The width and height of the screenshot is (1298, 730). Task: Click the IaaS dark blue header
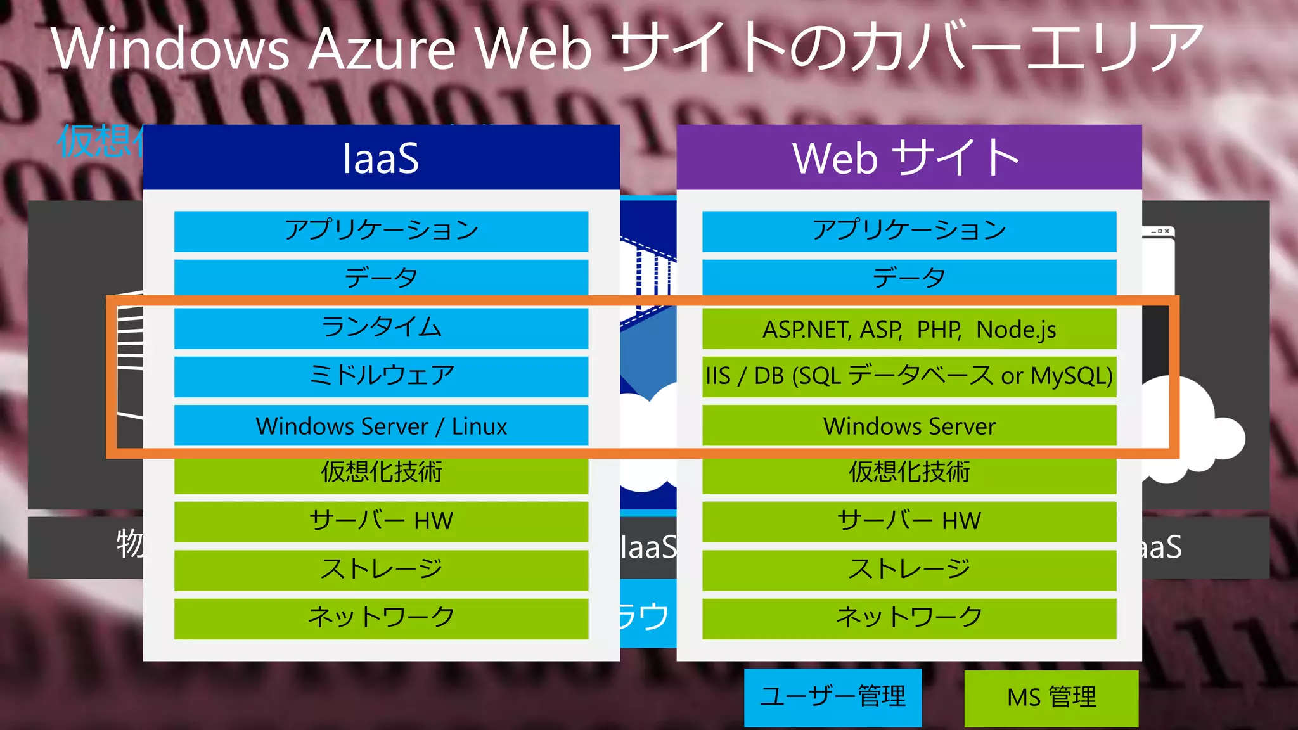point(381,157)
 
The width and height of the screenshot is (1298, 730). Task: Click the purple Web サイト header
point(908,157)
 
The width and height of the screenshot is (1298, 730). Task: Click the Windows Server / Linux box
point(381,426)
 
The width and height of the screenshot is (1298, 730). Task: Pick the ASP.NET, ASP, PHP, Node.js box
point(908,330)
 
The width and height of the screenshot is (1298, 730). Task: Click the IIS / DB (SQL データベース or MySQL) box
point(908,376)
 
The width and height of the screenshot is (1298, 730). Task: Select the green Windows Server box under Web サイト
point(908,426)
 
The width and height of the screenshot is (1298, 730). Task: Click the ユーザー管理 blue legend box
point(832,697)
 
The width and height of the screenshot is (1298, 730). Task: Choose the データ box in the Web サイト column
point(908,278)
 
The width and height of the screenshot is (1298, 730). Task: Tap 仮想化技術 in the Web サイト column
point(908,473)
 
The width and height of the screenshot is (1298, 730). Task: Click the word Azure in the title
point(382,49)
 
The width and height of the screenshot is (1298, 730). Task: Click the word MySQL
point(1071,376)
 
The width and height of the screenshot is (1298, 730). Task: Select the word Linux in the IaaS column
point(479,426)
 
